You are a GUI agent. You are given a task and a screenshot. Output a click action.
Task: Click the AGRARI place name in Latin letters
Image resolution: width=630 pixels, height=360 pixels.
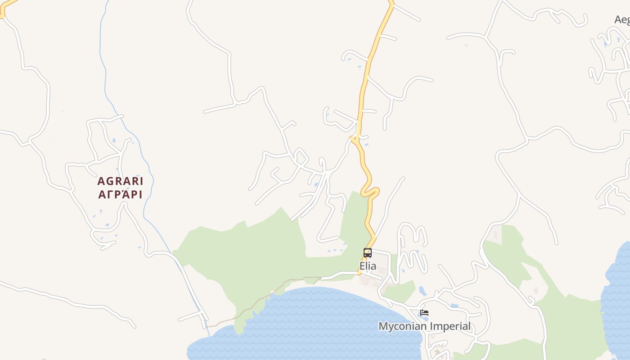point(120,181)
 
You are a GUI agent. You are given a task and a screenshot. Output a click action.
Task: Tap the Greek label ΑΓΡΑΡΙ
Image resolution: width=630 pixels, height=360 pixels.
point(120,195)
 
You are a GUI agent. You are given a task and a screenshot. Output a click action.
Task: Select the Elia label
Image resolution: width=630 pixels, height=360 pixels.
point(368,266)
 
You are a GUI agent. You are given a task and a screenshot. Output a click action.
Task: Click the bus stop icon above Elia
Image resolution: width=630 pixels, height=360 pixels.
point(368,253)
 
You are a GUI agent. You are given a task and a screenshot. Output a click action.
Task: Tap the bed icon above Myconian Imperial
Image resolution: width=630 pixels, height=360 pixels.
point(424,313)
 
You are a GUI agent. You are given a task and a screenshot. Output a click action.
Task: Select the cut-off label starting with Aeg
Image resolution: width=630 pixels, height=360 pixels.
point(622,19)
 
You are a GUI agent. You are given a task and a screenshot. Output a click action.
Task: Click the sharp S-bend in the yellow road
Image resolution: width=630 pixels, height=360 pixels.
point(371,191)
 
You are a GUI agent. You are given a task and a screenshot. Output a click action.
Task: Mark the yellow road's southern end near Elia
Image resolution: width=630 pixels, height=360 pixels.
point(360,273)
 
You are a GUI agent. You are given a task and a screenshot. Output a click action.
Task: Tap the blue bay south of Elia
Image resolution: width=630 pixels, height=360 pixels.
point(315,319)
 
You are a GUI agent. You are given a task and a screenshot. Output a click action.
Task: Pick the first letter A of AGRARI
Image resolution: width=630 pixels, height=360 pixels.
point(101,181)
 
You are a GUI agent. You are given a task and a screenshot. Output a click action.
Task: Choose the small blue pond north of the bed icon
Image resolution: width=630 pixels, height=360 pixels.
point(422,290)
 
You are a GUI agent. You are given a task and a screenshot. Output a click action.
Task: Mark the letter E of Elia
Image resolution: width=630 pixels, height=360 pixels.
point(362,266)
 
